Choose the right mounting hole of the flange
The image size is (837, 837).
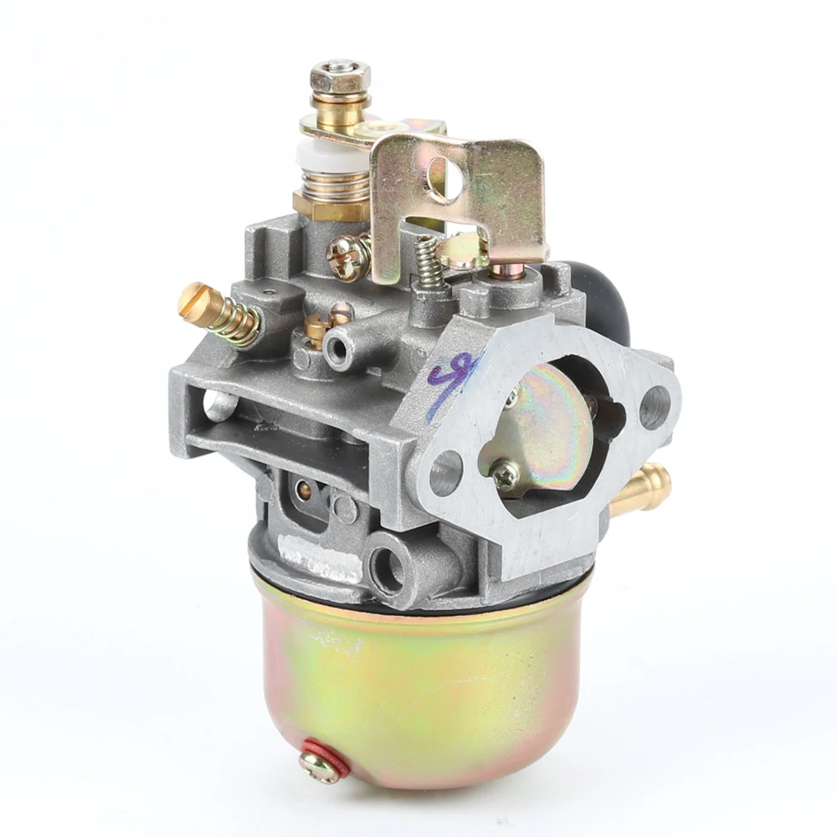tap(655, 408)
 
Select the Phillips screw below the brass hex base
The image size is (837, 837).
tap(347, 257)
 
